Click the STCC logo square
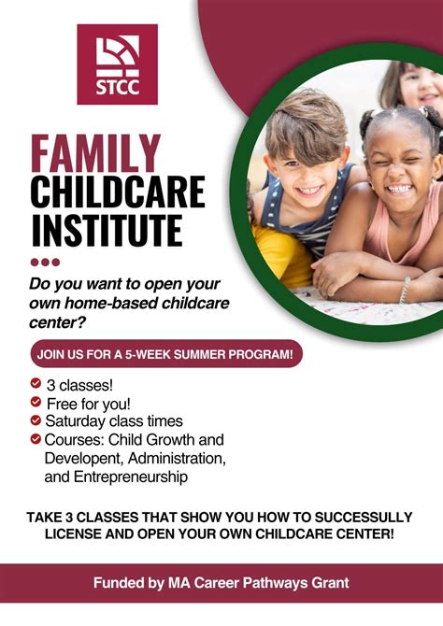[x=117, y=64]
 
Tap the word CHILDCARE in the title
[x=117, y=192]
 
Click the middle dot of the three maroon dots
[x=45, y=263]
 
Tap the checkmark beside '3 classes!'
[x=36, y=383]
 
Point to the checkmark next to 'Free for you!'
[x=36, y=402]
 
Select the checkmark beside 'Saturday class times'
[x=36, y=420]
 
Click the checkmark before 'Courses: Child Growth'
[x=36, y=439]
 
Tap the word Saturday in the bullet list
[x=76, y=420]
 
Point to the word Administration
[x=177, y=458]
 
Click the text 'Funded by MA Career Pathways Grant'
[x=221, y=583]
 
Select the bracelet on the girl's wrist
[x=405, y=291]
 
